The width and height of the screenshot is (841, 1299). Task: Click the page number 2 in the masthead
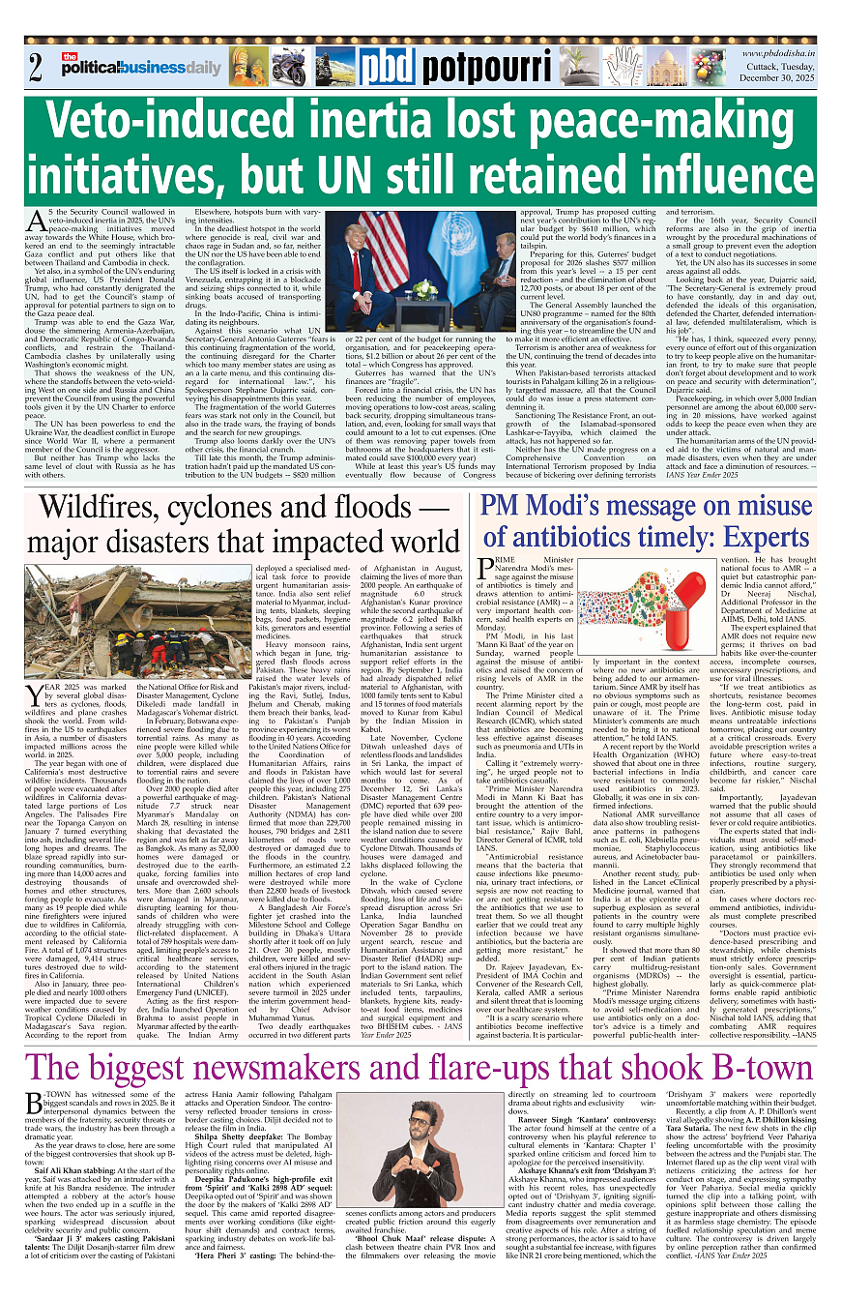click(36, 68)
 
